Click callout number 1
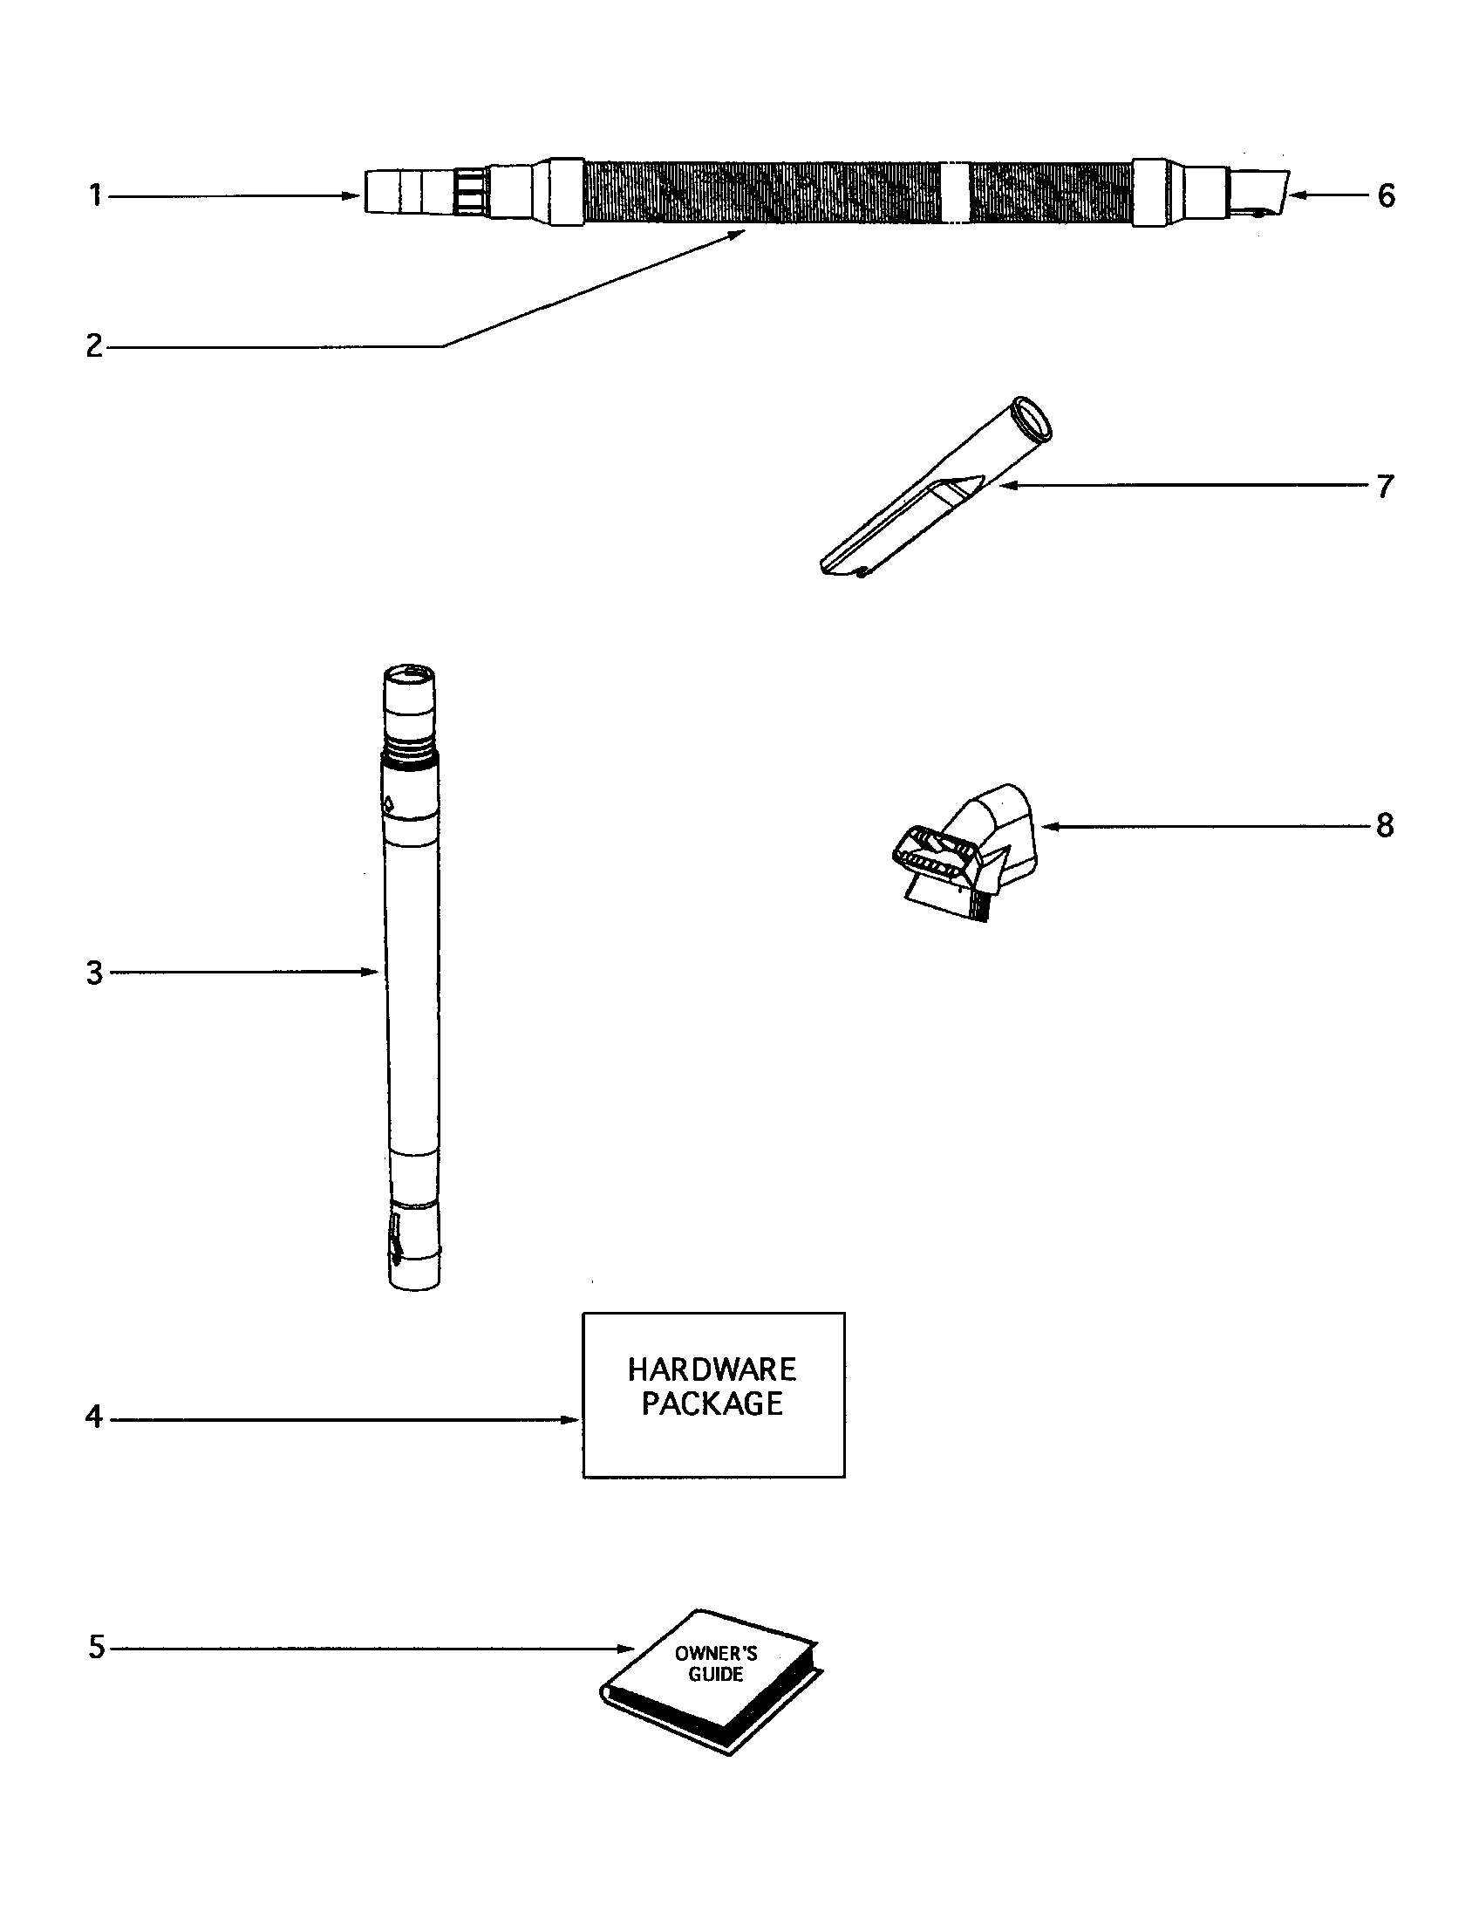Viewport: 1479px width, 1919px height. point(95,195)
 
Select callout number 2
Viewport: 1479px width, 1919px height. point(94,345)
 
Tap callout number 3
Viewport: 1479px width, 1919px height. point(94,973)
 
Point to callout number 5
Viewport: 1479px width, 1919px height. point(96,1648)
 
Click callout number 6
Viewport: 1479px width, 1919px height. point(1386,195)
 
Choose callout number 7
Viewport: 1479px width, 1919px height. point(1385,486)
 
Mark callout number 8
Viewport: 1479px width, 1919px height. point(1385,825)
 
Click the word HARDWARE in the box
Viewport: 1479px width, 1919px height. point(712,1369)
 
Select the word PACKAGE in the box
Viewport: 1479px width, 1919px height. point(712,1404)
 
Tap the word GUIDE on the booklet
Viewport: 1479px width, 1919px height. point(715,1675)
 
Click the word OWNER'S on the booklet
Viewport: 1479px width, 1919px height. point(715,1654)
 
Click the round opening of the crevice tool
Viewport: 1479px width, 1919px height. point(1033,415)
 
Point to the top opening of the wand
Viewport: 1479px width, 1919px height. point(410,674)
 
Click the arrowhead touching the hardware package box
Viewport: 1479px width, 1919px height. point(572,1419)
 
